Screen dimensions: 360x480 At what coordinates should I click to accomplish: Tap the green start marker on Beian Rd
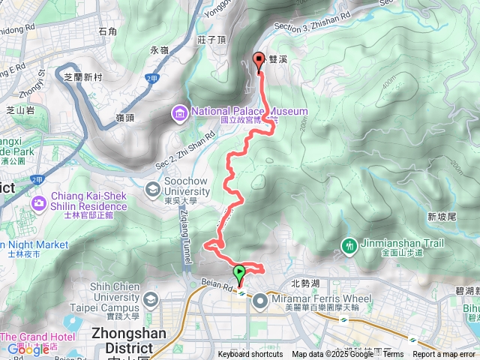click(240, 273)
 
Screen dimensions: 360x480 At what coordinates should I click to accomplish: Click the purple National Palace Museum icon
click(180, 113)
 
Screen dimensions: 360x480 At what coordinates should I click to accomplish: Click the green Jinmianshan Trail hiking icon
click(349, 244)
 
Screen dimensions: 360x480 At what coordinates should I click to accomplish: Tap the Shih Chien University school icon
click(152, 299)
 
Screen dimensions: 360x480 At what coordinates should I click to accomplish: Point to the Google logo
click(28, 349)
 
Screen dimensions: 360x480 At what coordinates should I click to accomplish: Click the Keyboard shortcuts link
click(250, 354)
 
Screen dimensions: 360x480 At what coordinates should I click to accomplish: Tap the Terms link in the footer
click(393, 354)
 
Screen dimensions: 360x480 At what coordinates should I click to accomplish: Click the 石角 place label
click(107, 31)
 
